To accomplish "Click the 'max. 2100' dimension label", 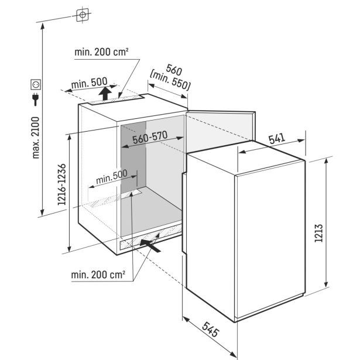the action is pyautogui.click(x=36, y=138).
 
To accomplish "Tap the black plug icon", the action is pyautogui.click(x=35, y=99).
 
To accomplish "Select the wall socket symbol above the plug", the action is pyautogui.click(x=36, y=84).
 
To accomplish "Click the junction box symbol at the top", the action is pyautogui.click(x=83, y=15).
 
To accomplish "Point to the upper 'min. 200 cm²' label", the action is pyautogui.click(x=101, y=52).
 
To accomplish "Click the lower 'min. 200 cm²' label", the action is pyautogui.click(x=98, y=275).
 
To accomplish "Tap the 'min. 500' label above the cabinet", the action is pyautogui.click(x=90, y=83).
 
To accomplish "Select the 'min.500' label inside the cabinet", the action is pyautogui.click(x=112, y=177).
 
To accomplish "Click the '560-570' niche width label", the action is pyautogui.click(x=150, y=138).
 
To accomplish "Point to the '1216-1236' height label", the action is pyautogui.click(x=61, y=184).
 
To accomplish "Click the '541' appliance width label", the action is pyautogui.click(x=277, y=139).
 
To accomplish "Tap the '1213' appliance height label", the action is pyautogui.click(x=318, y=233).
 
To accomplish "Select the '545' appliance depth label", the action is pyautogui.click(x=211, y=330).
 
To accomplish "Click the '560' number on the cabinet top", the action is pyautogui.click(x=174, y=70).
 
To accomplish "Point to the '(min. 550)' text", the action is pyautogui.click(x=170, y=80).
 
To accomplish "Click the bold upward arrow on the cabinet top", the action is pyautogui.click(x=105, y=93).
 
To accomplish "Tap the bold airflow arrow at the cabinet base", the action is pyautogui.click(x=150, y=246).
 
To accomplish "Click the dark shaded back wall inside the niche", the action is pyautogui.click(x=133, y=157).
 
